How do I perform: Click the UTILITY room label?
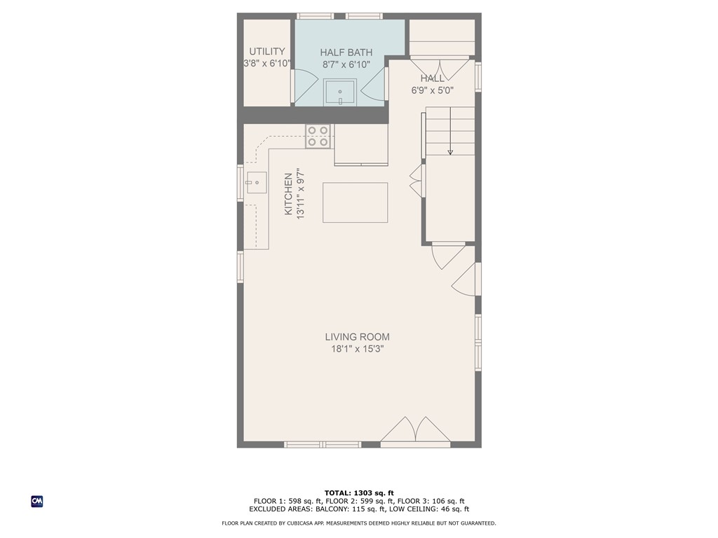(267, 51)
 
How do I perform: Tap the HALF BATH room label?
(346, 53)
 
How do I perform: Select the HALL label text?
(432, 78)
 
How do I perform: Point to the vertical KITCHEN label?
(288, 194)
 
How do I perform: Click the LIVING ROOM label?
(357, 337)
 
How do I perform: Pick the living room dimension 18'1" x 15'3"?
(357, 349)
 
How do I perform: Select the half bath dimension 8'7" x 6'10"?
(346, 64)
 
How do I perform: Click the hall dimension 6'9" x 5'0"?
(432, 90)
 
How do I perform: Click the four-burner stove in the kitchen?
(318, 136)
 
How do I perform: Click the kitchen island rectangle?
(355, 202)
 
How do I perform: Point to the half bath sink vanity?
(340, 92)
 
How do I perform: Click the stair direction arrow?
(450, 150)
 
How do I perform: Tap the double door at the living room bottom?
(415, 432)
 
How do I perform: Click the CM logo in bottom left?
(37, 502)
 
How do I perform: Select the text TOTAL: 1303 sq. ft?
(358, 493)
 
